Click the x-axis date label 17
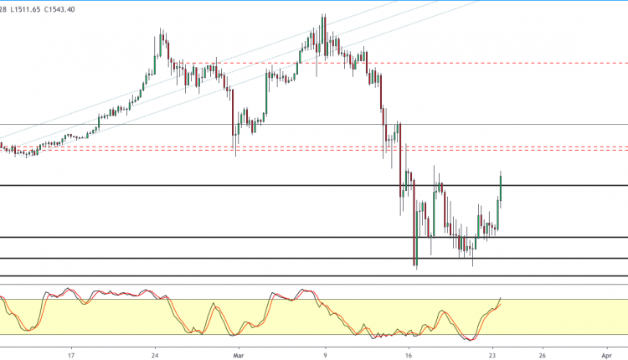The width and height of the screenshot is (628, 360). (73, 353)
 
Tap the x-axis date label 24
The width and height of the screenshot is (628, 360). (156, 353)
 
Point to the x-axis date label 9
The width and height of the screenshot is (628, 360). (325, 353)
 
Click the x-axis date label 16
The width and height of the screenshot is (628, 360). (409, 353)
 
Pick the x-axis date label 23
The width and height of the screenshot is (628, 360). (493, 353)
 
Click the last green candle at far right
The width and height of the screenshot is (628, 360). (500, 186)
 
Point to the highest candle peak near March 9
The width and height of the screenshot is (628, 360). (322, 16)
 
